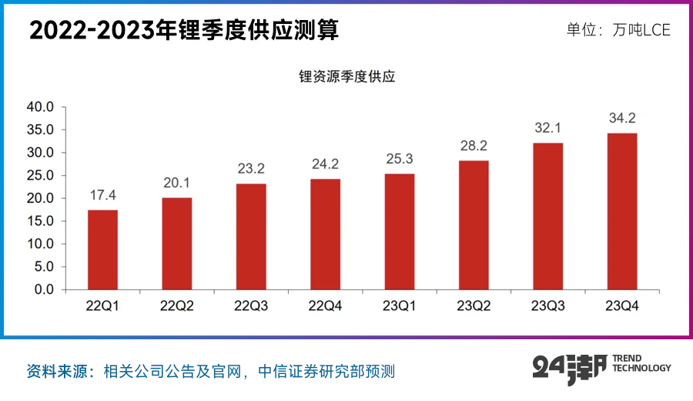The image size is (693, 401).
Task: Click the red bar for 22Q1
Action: click(102, 250)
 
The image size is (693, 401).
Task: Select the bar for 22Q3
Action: click(251, 237)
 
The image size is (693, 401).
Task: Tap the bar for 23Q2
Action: click(474, 225)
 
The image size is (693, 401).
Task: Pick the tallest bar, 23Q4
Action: click(622, 211)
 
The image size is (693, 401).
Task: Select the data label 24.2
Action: click(325, 163)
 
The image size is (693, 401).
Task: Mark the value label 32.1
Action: click(548, 127)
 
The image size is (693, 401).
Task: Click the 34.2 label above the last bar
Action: click(622, 118)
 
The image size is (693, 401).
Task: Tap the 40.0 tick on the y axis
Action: click(41, 107)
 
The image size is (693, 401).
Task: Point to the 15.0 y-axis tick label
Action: click(41, 221)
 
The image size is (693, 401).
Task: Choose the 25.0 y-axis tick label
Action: click(41, 176)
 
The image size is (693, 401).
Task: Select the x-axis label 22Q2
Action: click(177, 306)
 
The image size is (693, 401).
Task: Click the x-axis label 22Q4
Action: click(325, 306)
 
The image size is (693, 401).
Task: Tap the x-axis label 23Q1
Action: click(400, 306)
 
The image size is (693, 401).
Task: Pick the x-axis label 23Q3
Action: click(548, 306)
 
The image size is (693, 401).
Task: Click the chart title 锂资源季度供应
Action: click(347, 77)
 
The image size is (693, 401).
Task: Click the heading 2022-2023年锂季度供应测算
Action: click(184, 31)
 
